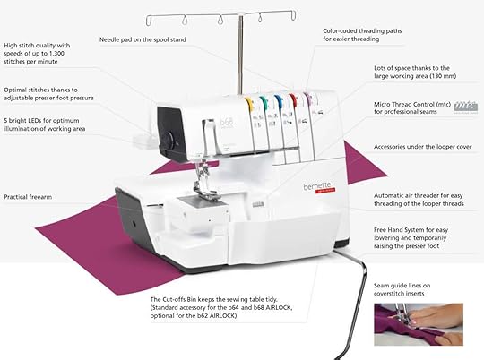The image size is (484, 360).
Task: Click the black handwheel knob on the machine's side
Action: [166, 138]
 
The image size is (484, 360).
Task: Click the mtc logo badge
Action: [465, 106]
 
